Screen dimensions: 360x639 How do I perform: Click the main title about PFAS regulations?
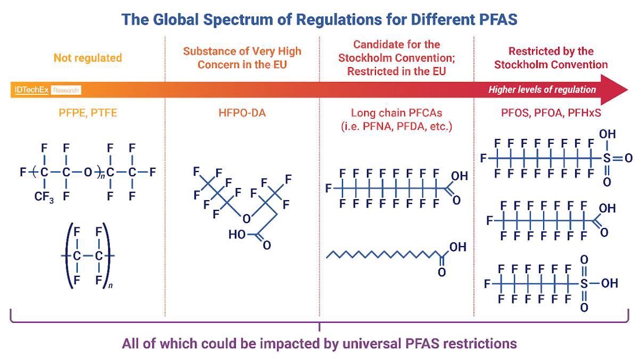tap(319, 20)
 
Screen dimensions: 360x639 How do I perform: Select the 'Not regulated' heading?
tap(87, 58)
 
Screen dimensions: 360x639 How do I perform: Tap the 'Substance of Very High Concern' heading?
tap(242, 58)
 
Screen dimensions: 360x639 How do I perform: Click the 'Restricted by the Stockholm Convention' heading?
tap(551, 58)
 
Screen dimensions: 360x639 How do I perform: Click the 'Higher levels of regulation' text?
tap(542, 89)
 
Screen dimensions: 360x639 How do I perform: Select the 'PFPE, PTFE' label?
tap(87, 113)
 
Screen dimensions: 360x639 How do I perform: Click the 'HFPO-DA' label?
tap(242, 113)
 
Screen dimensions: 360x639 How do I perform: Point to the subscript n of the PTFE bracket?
tap(110, 286)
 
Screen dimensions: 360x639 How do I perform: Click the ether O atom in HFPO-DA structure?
tap(245, 218)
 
